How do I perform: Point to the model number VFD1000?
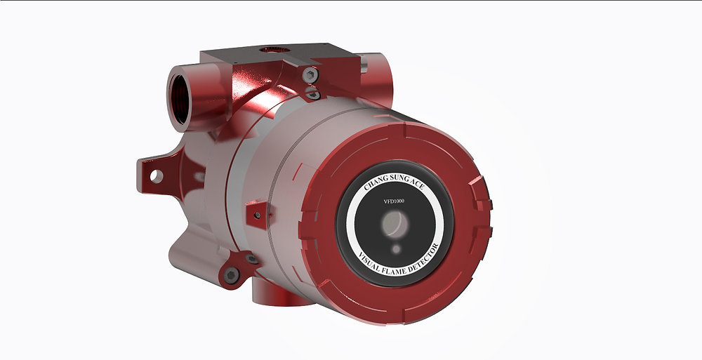pos(394,201)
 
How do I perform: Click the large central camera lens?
pos(394,225)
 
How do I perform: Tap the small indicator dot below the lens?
pos(397,248)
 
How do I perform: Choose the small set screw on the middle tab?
pos(259,215)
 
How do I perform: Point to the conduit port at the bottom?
pos(281,293)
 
